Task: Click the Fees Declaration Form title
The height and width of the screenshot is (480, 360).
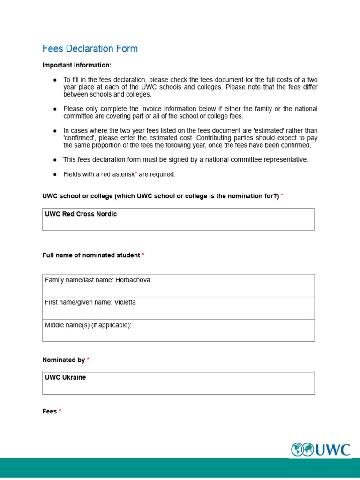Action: tap(90, 49)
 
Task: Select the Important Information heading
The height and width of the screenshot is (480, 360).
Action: tap(77, 65)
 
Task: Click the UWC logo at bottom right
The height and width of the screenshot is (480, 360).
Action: tap(321, 450)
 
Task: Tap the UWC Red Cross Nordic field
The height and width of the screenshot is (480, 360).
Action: tap(178, 219)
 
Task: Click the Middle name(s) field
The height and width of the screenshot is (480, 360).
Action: tap(178, 330)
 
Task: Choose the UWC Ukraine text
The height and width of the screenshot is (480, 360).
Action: tap(65, 377)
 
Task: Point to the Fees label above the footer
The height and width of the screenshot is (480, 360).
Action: tap(49, 411)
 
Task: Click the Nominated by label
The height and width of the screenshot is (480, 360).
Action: tap(63, 360)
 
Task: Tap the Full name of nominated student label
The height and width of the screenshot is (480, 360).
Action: tap(91, 255)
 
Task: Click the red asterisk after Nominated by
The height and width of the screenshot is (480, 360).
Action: tap(88, 360)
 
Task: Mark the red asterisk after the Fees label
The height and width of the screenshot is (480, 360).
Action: tap(60, 411)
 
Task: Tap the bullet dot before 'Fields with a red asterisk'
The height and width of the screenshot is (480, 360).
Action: tap(55, 174)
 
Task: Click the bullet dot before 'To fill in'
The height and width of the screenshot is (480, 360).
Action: tap(55, 80)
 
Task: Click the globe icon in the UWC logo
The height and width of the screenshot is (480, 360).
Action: tap(302, 450)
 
